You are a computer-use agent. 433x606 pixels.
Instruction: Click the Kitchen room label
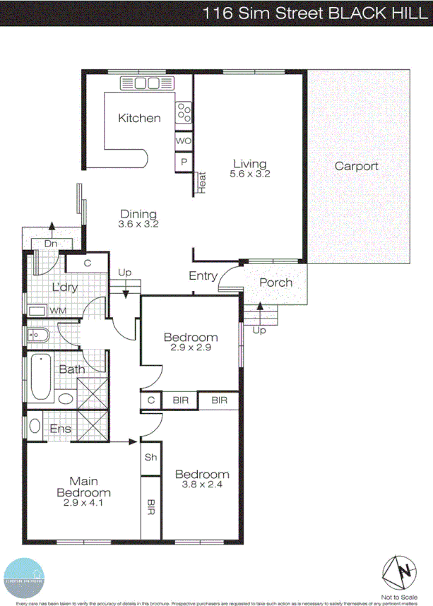point(139,118)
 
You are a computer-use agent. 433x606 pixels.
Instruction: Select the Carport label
point(356,167)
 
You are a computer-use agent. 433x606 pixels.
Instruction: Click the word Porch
point(275,283)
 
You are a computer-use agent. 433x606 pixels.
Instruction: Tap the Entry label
point(203,276)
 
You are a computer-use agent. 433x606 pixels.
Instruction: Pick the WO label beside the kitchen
point(183,141)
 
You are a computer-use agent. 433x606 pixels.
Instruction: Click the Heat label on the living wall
point(201,182)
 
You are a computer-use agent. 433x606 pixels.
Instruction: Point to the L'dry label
point(64,287)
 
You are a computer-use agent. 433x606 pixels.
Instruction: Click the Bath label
point(71,369)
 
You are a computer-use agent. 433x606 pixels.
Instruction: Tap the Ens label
point(60,429)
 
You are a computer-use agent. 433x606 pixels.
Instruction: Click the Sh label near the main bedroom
point(150,457)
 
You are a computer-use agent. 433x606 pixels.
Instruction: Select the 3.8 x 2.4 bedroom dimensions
point(202,485)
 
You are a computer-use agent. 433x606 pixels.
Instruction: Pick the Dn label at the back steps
point(50,244)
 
